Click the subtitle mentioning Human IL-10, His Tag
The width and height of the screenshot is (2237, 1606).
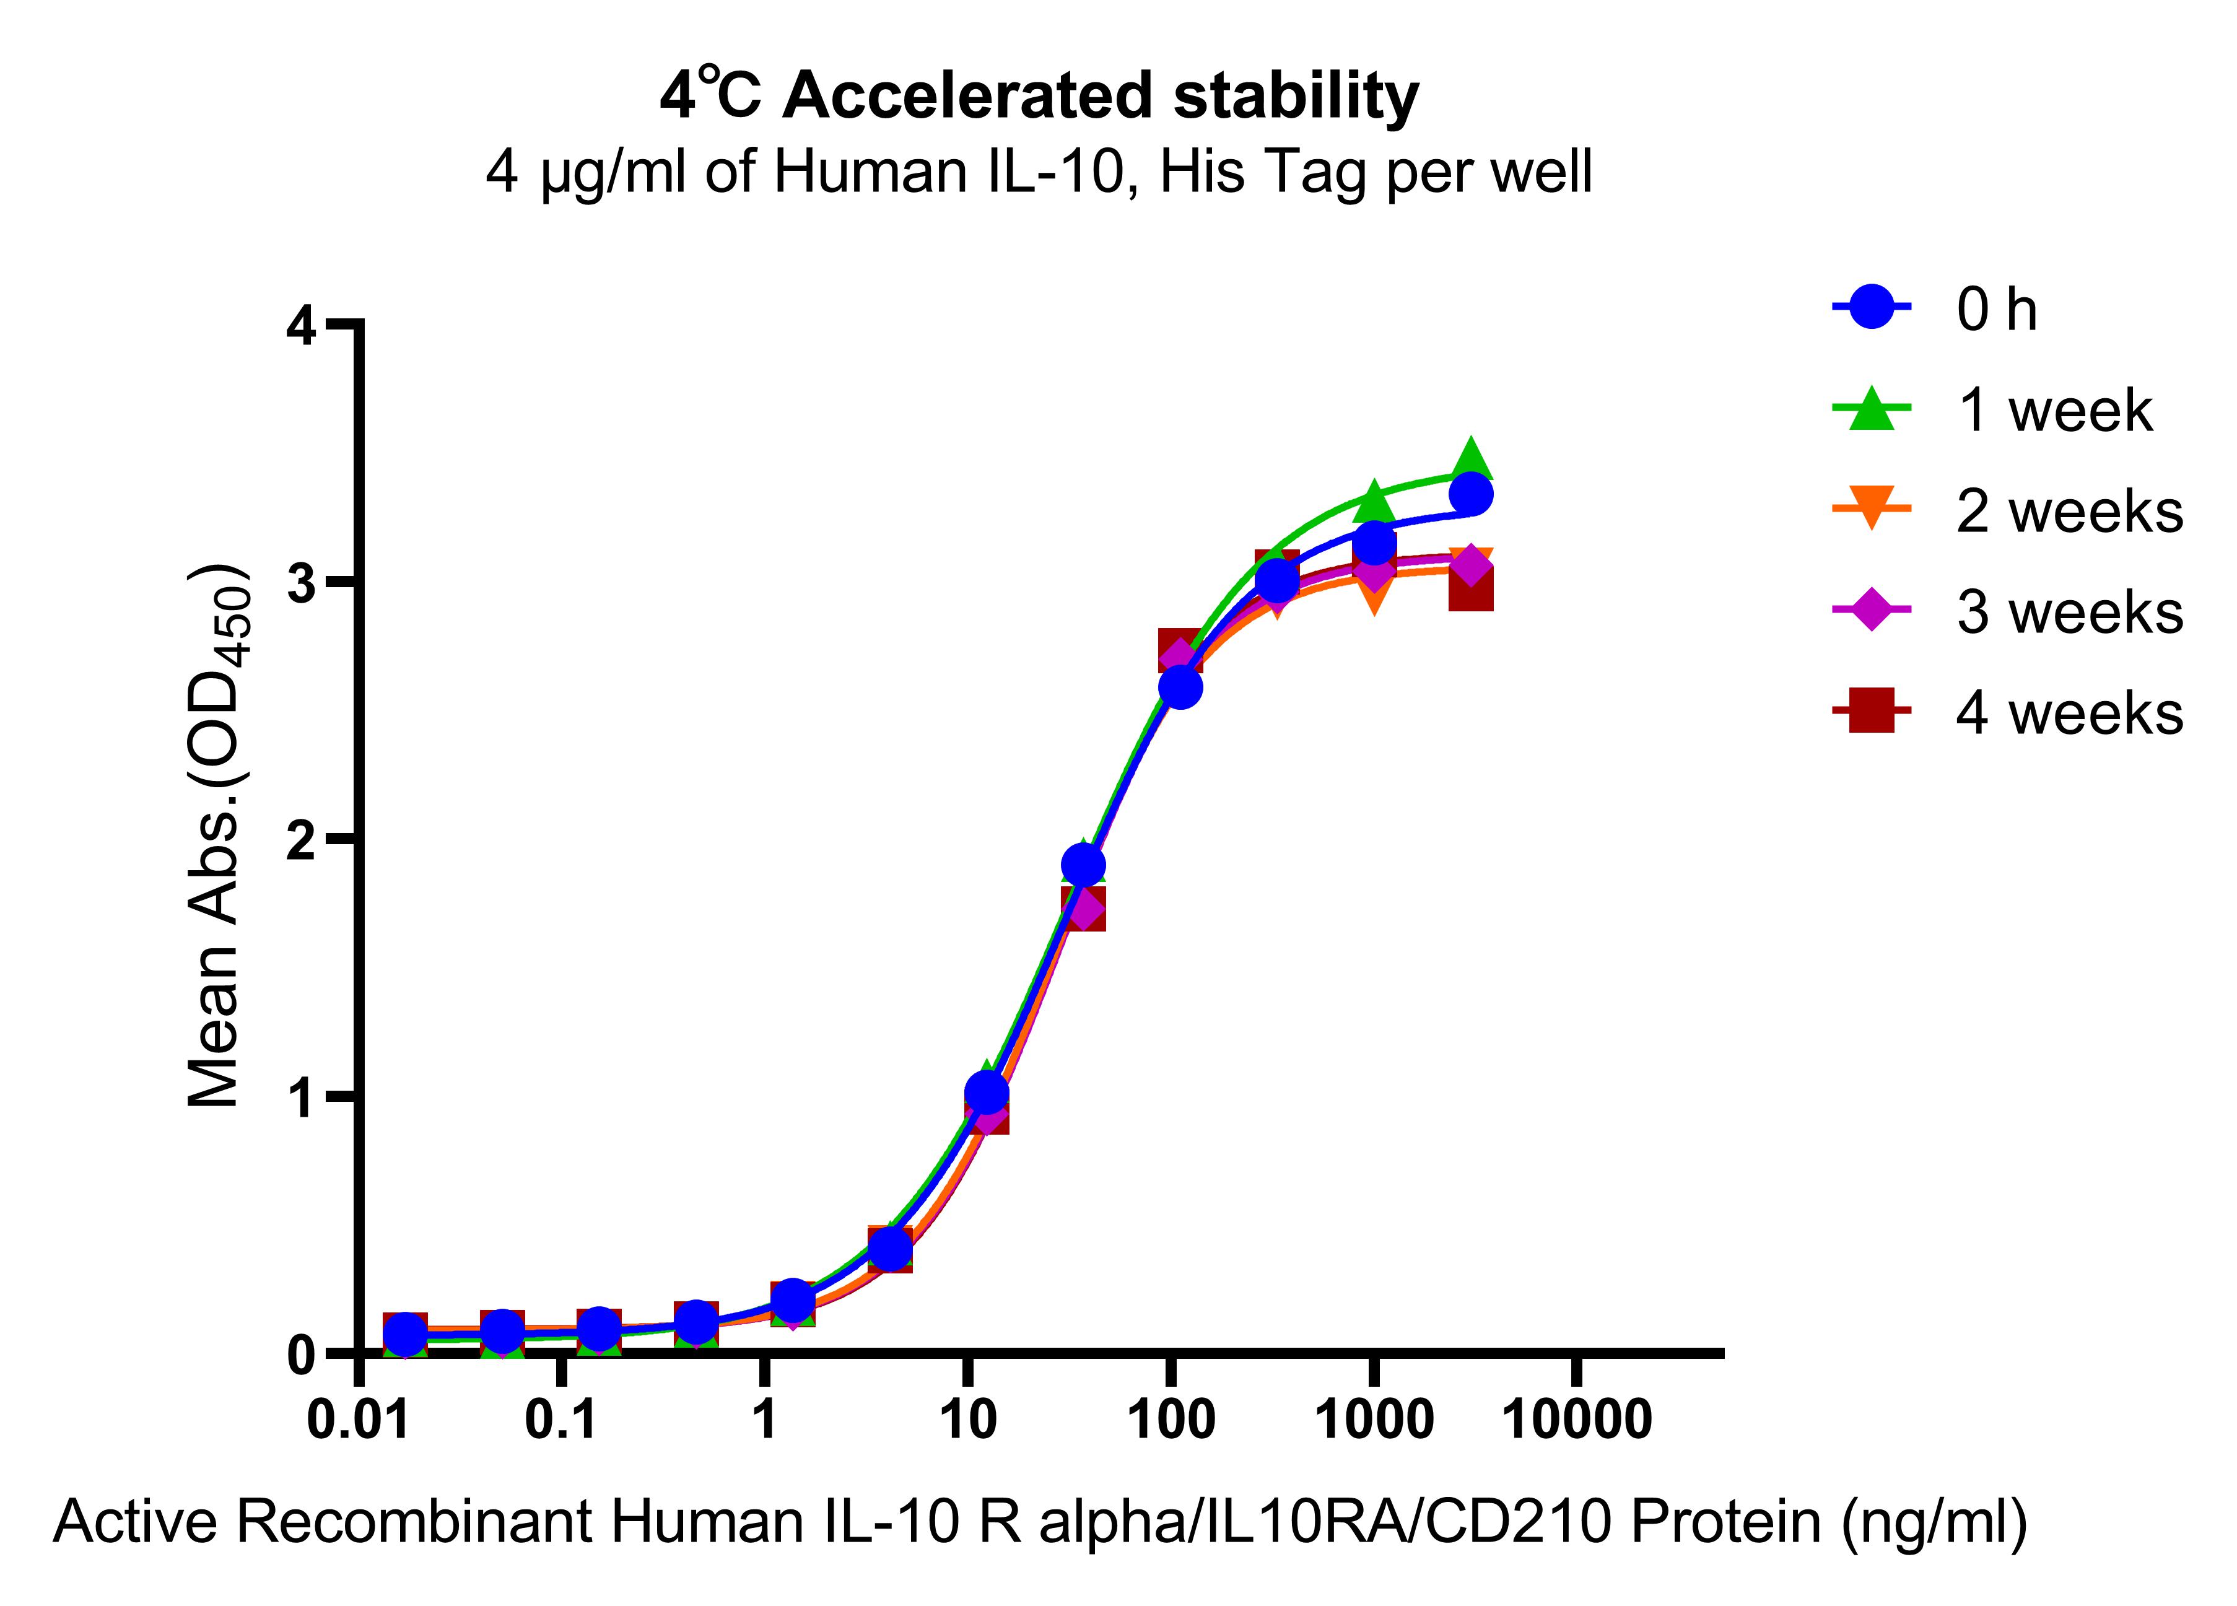tap(1039, 173)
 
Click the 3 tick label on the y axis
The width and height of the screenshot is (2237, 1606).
tap(302, 583)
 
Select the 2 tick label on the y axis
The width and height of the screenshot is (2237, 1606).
tap(302, 839)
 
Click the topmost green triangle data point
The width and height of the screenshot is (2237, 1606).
tap(1471, 460)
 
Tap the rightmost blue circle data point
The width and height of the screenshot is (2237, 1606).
tap(1472, 494)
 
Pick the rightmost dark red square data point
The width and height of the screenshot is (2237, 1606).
tap(1471, 593)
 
